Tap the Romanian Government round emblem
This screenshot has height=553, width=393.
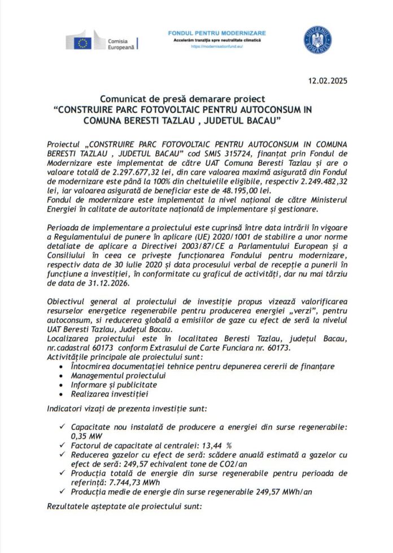[x=318, y=40]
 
